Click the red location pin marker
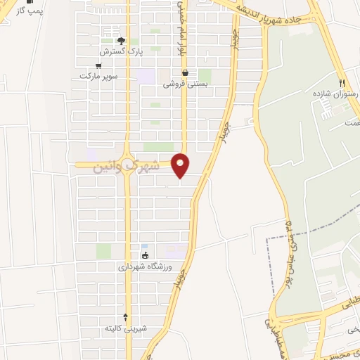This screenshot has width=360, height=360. pyautogui.click(x=181, y=165)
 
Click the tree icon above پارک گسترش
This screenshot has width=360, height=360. pyautogui.click(x=120, y=41)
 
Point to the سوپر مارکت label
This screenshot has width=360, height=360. pyautogui.click(x=98, y=75)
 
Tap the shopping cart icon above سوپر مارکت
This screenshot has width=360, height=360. pyautogui.click(x=107, y=65)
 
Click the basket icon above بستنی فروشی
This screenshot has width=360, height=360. pyautogui.click(x=185, y=72)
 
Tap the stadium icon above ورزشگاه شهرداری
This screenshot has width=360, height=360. pyautogui.click(x=144, y=256)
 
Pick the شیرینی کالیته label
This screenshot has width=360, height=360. pyautogui.click(x=126, y=328)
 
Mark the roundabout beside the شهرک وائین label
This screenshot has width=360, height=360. pyautogui.click(x=127, y=165)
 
